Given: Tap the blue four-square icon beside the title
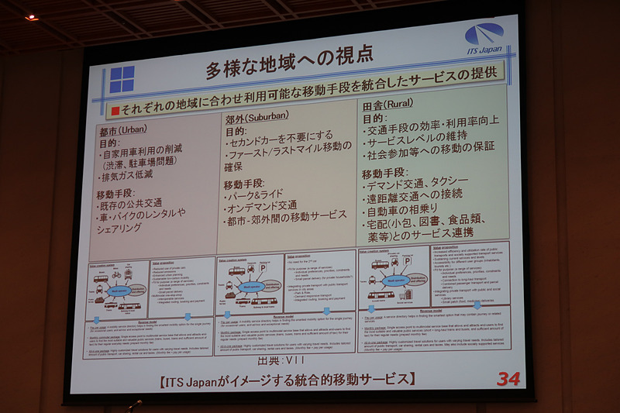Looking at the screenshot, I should (122, 80).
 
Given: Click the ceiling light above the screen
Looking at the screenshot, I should (32, 16).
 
